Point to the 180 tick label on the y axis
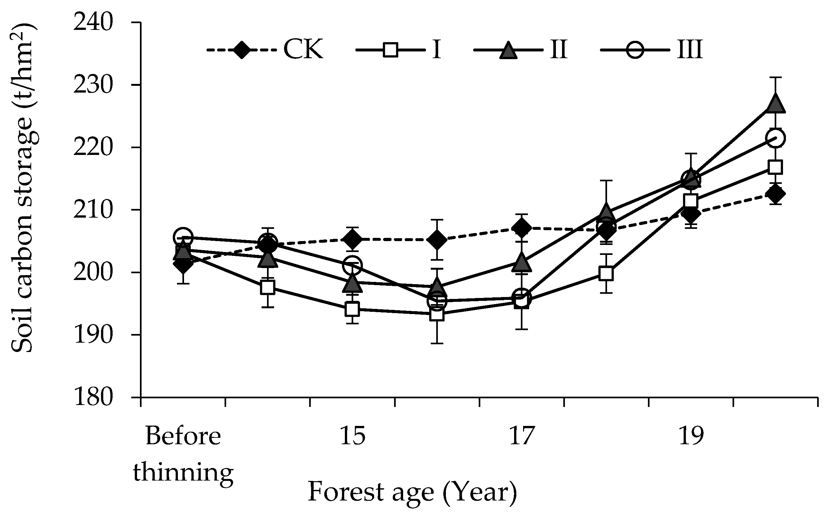pyautogui.click(x=93, y=397)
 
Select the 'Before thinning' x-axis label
pyautogui.click(x=183, y=454)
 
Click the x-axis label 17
pyautogui.click(x=521, y=436)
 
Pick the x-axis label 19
pyautogui.click(x=690, y=436)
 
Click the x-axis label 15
pyautogui.click(x=352, y=436)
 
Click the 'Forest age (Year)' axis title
pyautogui.click(x=412, y=492)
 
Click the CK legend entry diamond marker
pyautogui.click(x=241, y=50)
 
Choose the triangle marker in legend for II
pyautogui.click(x=508, y=50)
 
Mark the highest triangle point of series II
pyautogui.click(x=775, y=103)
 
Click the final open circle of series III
pyautogui.click(x=775, y=138)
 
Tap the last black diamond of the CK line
pyautogui.click(x=775, y=194)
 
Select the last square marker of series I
pyautogui.click(x=775, y=167)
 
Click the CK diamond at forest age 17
pyautogui.click(x=521, y=228)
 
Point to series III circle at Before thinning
pyautogui.click(x=183, y=237)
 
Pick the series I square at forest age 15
pyautogui.click(x=352, y=309)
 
